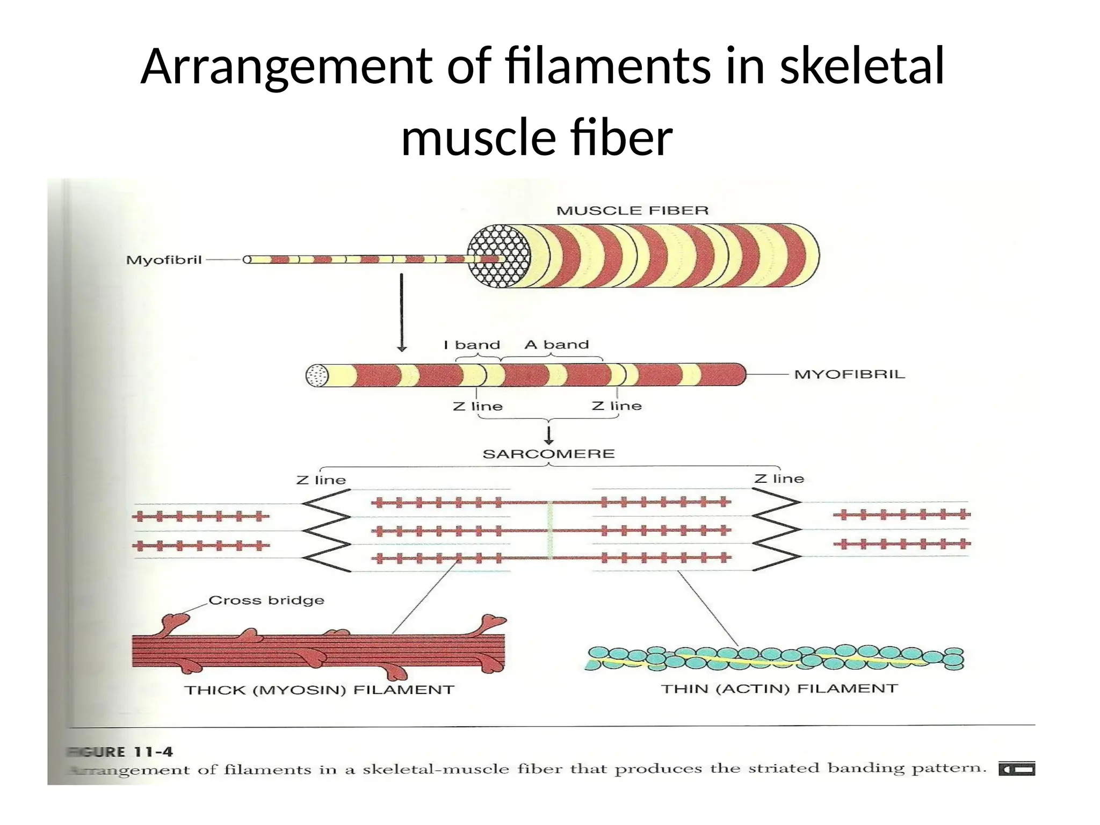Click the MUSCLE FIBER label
coord(632,211)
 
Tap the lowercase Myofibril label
coord(164,260)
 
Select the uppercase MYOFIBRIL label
coord(849,374)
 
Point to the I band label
coord(472,345)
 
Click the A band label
coord(556,345)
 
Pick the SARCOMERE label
coord(548,454)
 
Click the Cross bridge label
coord(266,600)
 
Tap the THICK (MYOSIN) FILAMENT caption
coord(319,690)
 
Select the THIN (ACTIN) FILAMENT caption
coord(779,689)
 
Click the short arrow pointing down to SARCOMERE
coord(548,434)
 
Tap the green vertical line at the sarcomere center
coord(549,530)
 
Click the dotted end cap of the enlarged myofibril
coord(317,375)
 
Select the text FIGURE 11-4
coord(121,752)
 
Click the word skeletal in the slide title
coord(862,67)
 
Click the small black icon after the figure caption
coord(1016,769)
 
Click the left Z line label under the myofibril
coord(477,407)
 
